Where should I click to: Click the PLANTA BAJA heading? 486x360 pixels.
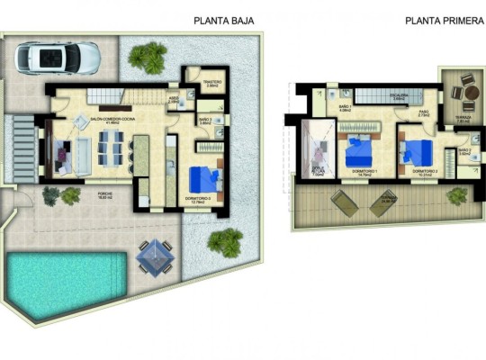[224, 21]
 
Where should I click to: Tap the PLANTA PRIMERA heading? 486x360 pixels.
[438, 21]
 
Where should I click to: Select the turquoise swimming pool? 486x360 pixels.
[66, 283]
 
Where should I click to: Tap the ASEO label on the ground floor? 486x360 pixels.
[174, 101]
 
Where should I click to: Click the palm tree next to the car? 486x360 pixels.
[141, 57]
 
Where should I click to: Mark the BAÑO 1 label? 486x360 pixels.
[344, 109]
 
